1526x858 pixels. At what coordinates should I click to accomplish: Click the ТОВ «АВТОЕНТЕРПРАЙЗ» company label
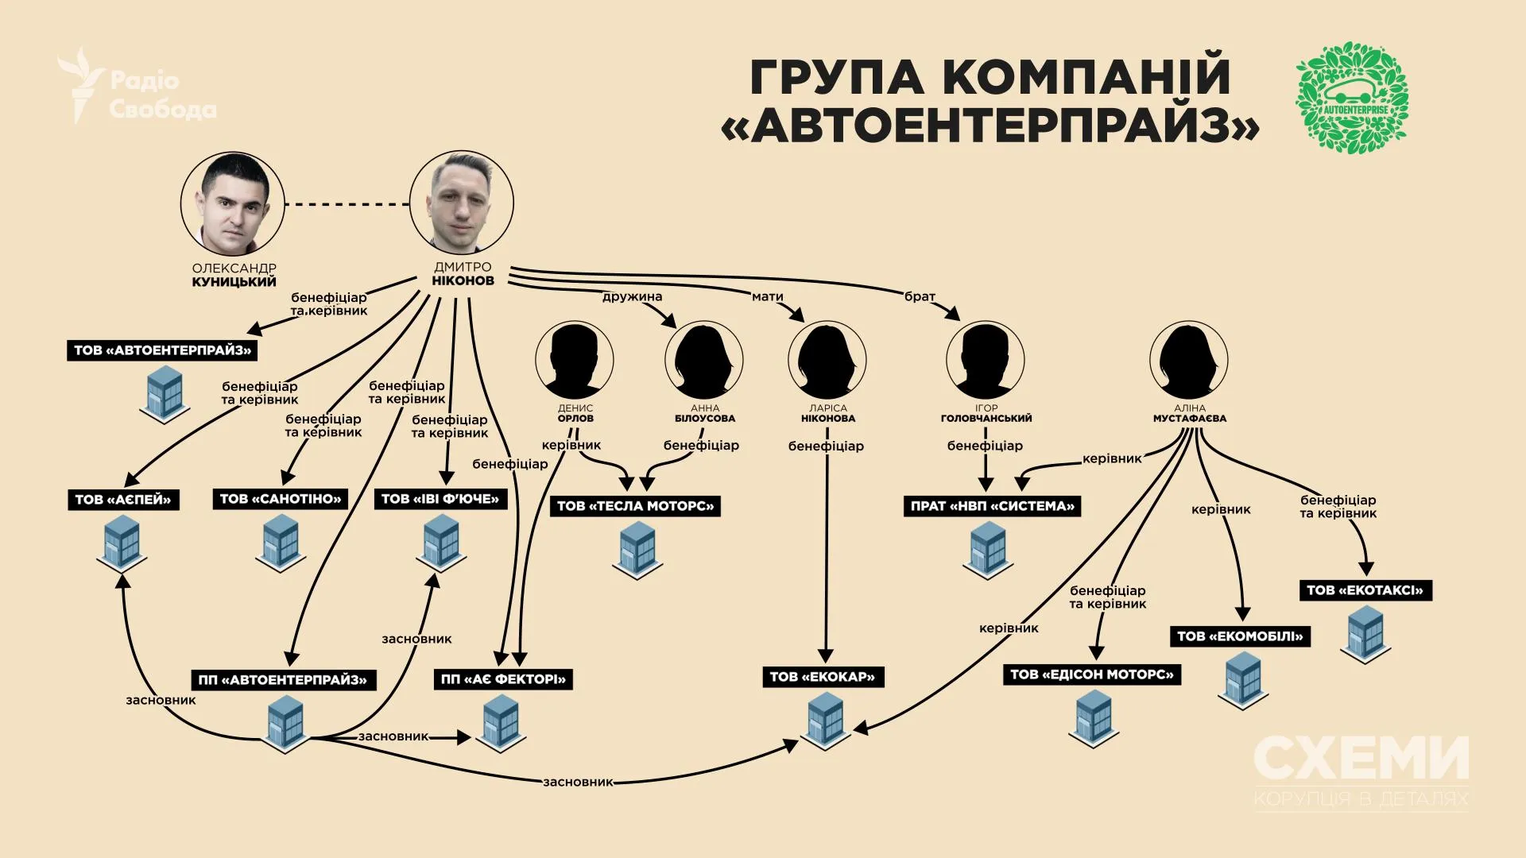[162, 350]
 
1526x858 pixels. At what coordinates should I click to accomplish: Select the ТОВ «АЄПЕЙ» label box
[123, 500]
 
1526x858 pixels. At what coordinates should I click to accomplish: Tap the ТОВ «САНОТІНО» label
[280, 499]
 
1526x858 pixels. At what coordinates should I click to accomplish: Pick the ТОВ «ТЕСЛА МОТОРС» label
[635, 506]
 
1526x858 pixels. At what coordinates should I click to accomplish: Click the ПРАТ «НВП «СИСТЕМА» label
[992, 506]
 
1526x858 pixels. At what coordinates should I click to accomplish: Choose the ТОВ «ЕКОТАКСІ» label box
[1365, 590]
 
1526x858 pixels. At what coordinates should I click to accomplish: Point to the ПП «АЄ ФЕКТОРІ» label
[503, 679]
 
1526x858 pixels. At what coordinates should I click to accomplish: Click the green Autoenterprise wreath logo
[1352, 98]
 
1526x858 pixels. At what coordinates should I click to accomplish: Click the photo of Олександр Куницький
[233, 203]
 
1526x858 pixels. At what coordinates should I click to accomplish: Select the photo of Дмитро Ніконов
[461, 203]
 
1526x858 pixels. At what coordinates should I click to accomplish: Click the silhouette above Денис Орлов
[575, 360]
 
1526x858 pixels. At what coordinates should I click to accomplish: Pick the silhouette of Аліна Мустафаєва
[1188, 360]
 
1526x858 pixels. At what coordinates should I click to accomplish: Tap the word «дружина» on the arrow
[632, 297]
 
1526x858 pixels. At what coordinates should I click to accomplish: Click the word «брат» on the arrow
[920, 296]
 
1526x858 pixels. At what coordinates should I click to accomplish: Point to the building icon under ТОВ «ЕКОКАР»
[825, 719]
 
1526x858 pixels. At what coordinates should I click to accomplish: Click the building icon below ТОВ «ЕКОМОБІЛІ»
[1242, 680]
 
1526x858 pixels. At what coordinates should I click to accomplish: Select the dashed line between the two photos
[347, 204]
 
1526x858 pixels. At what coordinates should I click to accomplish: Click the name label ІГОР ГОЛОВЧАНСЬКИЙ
[986, 413]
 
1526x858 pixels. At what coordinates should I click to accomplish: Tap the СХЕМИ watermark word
[1361, 759]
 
